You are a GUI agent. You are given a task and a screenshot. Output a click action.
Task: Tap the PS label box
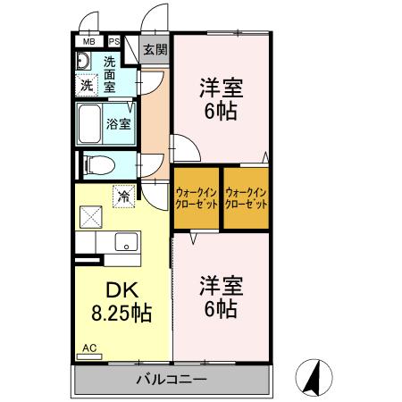(x=114, y=41)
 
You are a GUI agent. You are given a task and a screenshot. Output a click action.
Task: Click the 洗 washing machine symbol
(x=87, y=86)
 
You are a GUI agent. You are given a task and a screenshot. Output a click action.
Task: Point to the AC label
(x=89, y=348)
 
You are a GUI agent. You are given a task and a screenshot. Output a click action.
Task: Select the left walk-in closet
(x=196, y=197)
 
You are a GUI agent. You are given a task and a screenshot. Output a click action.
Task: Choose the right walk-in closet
(x=246, y=197)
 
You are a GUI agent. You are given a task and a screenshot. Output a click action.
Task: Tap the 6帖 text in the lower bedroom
(x=219, y=308)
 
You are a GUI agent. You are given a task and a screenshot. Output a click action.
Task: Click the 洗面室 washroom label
(x=109, y=74)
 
